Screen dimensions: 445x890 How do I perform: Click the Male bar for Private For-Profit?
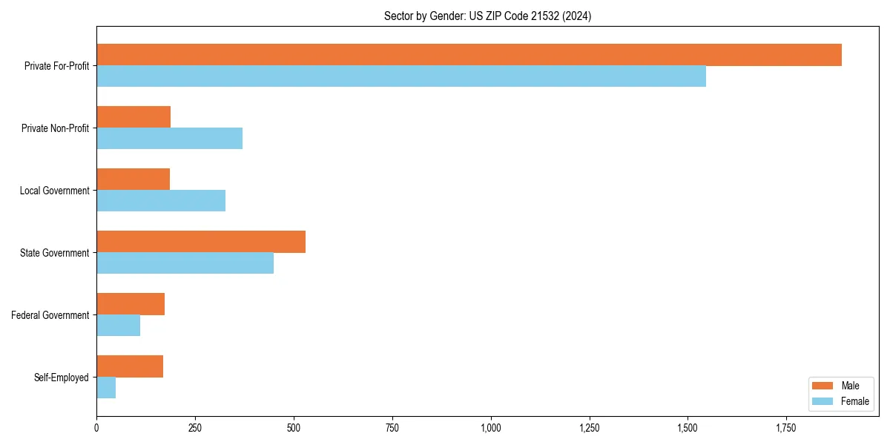[469, 55]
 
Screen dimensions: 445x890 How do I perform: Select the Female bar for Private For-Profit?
[401, 76]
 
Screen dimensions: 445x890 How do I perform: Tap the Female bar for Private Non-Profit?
[169, 139]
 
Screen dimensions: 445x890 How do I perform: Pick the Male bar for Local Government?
[133, 179]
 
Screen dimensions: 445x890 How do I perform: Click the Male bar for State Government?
[201, 242]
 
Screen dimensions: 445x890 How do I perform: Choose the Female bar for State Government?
[185, 263]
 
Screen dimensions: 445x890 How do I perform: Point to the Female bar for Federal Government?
[118, 326]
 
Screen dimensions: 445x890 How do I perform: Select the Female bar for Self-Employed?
[106, 388]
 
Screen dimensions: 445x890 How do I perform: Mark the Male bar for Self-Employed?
[130, 366]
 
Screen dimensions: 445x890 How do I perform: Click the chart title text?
[487, 16]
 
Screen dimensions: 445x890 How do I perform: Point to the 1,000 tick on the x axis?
[491, 428]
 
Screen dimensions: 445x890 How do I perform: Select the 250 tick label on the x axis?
[195, 428]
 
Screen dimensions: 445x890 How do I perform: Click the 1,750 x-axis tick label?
[786, 428]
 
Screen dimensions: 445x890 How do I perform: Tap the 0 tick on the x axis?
[96, 428]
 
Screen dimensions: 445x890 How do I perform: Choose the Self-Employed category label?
[62, 378]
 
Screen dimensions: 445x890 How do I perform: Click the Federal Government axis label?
[50, 315]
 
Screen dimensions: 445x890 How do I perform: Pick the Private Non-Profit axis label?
[55, 128]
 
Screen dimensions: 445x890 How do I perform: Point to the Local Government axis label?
[54, 191]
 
